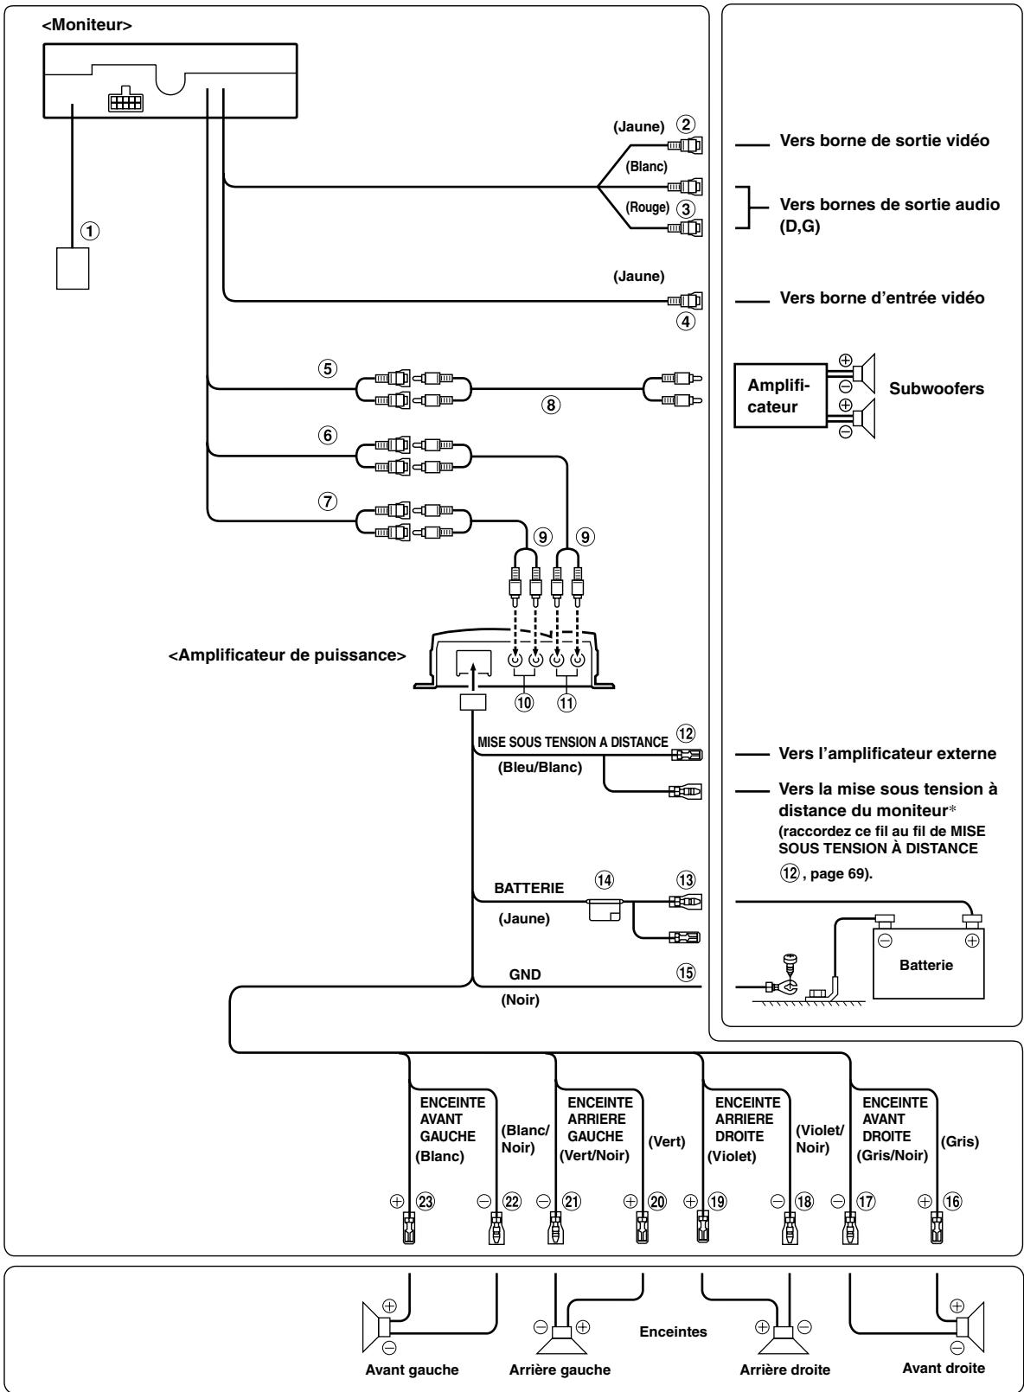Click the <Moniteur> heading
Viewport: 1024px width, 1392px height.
pos(86,25)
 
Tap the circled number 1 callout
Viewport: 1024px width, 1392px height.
pos(90,231)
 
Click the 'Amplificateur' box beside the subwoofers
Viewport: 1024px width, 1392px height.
pos(779,396)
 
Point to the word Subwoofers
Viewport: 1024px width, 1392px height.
pos(937,389)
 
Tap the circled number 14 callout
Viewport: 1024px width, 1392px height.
pos(604,880)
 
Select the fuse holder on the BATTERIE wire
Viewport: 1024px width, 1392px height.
pos(605,908)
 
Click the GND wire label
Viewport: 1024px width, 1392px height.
pos(525,974)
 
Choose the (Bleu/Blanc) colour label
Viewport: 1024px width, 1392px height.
pos(540,768)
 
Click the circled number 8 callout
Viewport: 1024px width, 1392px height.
pos(550,405)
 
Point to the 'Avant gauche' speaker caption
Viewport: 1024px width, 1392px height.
pos(412,1370)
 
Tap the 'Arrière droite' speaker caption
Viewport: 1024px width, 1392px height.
pos(784,1370)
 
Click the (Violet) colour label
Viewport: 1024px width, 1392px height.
pos(732,1157)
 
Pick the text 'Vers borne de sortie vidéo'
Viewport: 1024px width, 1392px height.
pos(884,140)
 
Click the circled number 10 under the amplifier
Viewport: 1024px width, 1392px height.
pos(524,702)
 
